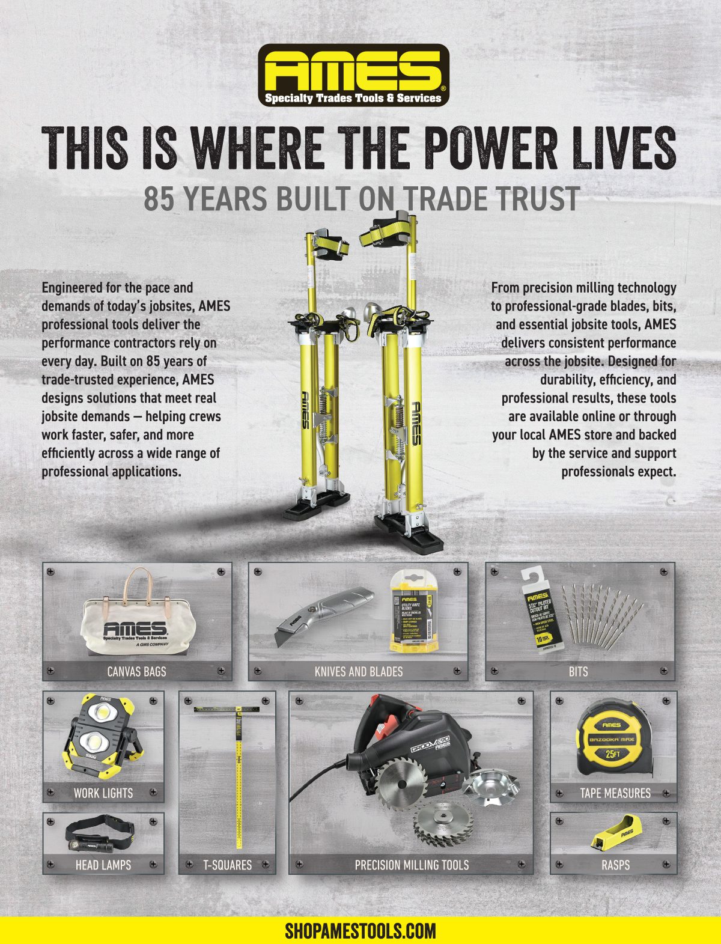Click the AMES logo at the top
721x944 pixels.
click(x=353, y=75)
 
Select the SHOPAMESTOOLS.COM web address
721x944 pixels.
click(x=360, y=931)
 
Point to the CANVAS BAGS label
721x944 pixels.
click(x=136, y=671)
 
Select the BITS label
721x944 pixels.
click(x=578, y=671)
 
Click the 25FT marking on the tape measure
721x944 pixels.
click(x=612, y=754)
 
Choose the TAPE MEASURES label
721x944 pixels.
click(x=615, y=793)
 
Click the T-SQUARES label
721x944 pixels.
click(x=227, y=865)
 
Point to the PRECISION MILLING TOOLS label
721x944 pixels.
click(x=411, y=865)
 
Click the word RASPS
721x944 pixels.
click(x=615, y=865)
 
